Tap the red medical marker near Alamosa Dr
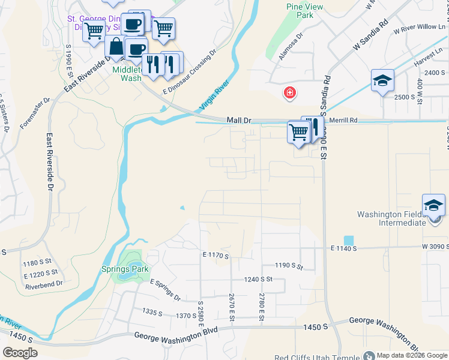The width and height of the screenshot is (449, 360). click(289, 92)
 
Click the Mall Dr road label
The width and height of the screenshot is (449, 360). click(239, 121)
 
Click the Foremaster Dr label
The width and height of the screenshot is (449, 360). click(34, 114)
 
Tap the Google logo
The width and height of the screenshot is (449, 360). click(20, 352)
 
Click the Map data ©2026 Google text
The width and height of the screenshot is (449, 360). click(412, 355)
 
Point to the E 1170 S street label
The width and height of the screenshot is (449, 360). click(216, 256)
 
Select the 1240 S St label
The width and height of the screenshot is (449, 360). click(258, 279)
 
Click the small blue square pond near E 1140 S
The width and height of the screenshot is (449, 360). click(349, 240)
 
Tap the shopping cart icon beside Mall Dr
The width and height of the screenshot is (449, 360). click(298, 131)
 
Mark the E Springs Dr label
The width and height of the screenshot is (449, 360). click(165, 290)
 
